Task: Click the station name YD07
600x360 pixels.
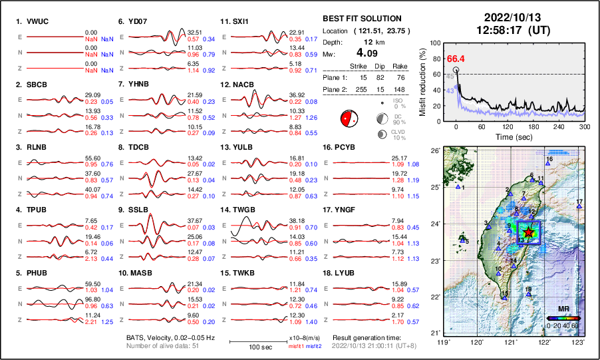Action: [138, 21]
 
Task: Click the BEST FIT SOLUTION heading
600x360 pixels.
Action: [361, 19]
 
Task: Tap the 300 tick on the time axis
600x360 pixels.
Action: [585, 126]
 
